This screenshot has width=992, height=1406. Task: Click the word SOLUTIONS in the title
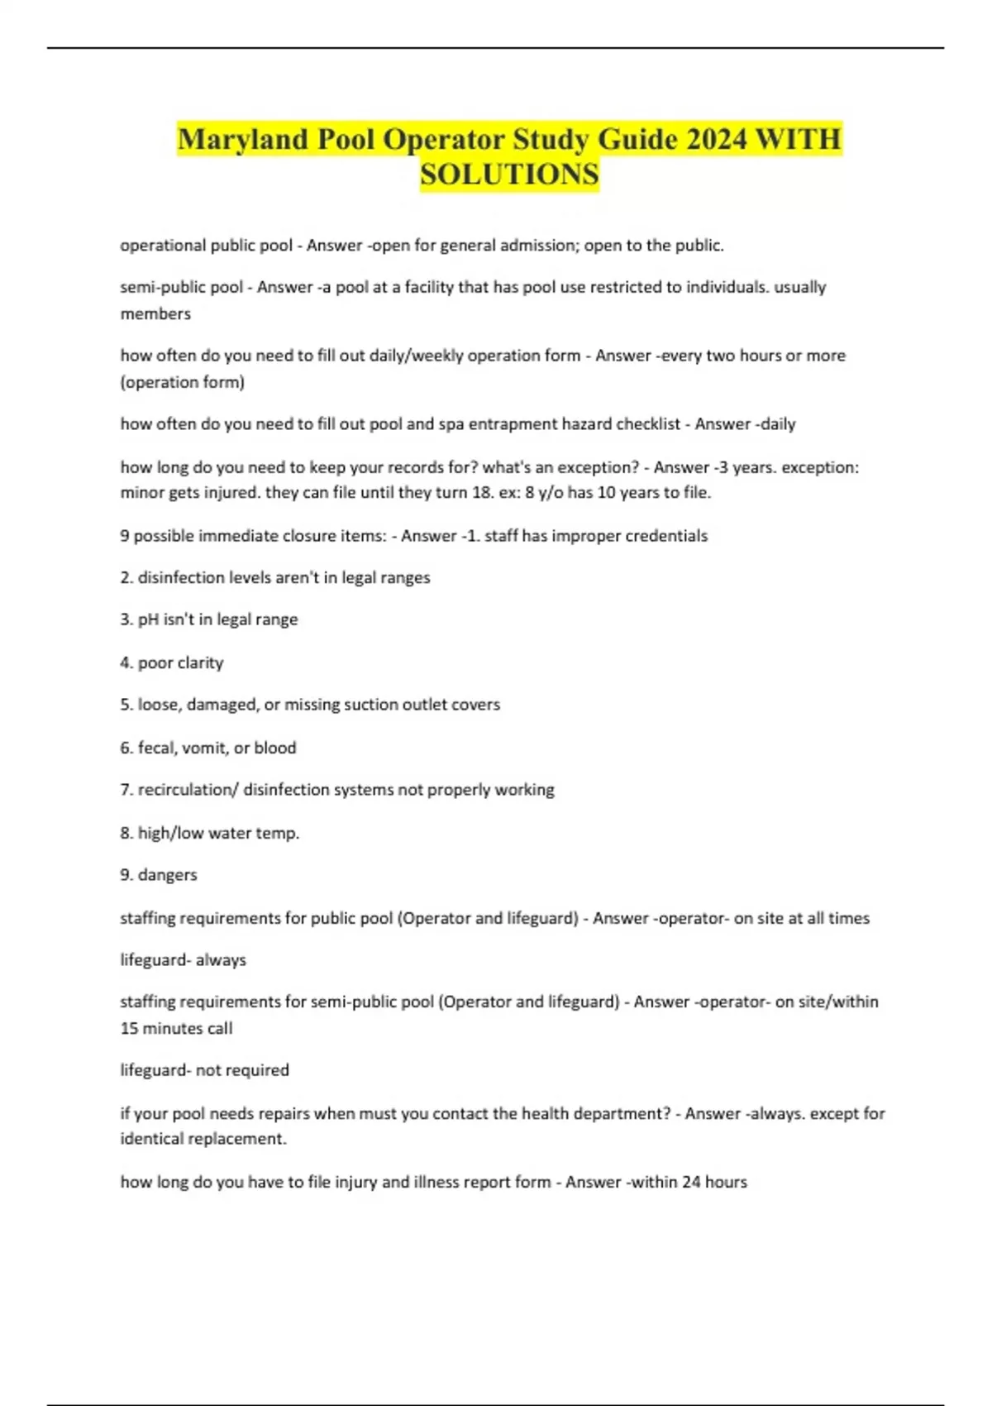click(x=509, y=175)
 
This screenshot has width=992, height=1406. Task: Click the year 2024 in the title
click(x=717, y=139)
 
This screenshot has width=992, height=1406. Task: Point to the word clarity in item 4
click(x=201, y=662)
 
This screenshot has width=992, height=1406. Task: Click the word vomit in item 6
click(x=203, y=748)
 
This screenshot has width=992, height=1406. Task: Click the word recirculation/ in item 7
click(x=188, y=790)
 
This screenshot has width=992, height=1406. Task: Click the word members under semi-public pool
click(x=155, y=314)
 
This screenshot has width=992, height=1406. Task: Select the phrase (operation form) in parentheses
click(x=183, y=382)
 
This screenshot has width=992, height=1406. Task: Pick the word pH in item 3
click(x=148, y=619)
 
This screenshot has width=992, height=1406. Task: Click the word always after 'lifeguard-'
click(x=221, y=960)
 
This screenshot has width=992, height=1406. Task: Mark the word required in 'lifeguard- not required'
click(x=257, y=1070)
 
